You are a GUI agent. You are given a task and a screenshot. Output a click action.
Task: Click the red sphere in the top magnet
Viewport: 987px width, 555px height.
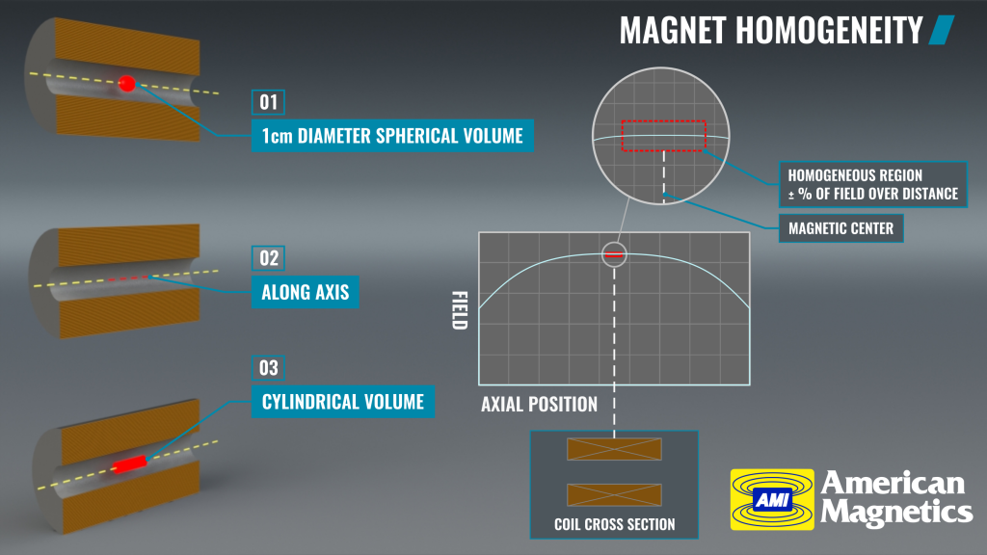[x=127, y=83]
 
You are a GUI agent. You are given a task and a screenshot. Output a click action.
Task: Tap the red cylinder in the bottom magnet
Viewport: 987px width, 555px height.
[x=130, y=464]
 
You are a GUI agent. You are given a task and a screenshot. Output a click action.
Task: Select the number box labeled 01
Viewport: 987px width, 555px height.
[x=268, y=102]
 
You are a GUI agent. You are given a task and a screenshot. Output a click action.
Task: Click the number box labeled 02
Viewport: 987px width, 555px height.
[x=268, y=258]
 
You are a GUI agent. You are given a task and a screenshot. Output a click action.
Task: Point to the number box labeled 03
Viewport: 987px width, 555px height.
[x=268, y=367]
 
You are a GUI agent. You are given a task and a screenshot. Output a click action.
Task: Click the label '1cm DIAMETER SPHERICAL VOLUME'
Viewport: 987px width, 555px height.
[x=392, y=136]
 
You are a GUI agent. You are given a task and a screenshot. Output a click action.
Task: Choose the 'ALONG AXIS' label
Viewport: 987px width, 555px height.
[x=306, y=292]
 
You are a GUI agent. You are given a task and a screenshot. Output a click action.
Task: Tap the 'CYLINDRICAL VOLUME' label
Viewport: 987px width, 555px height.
[x=343, y=402]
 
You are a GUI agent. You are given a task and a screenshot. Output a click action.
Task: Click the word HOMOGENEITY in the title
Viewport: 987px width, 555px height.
[x=828, y=30]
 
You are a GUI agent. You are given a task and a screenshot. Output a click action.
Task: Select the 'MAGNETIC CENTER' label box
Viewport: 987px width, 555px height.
[x=840, y=228]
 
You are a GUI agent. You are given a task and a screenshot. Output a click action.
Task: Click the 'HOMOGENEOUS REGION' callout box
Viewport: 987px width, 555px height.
[x=873, y=184]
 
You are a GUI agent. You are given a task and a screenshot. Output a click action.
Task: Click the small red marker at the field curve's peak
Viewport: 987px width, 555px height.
[x=614, y=254]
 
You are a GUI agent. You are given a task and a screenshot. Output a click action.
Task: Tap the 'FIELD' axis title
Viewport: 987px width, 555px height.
[x=460, y=310]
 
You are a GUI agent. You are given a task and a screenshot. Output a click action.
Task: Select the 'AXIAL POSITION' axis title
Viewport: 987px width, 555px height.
[x=540, y=404]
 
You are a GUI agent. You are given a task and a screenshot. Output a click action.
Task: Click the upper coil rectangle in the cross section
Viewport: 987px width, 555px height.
[x=614, y=449]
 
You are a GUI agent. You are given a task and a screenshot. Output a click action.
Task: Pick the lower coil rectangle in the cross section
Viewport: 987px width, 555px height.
[x=614, y=495]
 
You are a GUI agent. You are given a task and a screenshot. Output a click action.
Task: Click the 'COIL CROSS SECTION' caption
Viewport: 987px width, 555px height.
[x=614, y=524]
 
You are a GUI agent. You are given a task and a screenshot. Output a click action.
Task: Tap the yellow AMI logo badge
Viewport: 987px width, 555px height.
[x=772, y=500]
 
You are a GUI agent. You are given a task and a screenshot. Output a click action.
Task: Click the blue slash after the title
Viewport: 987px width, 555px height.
[x=942, y=30]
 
